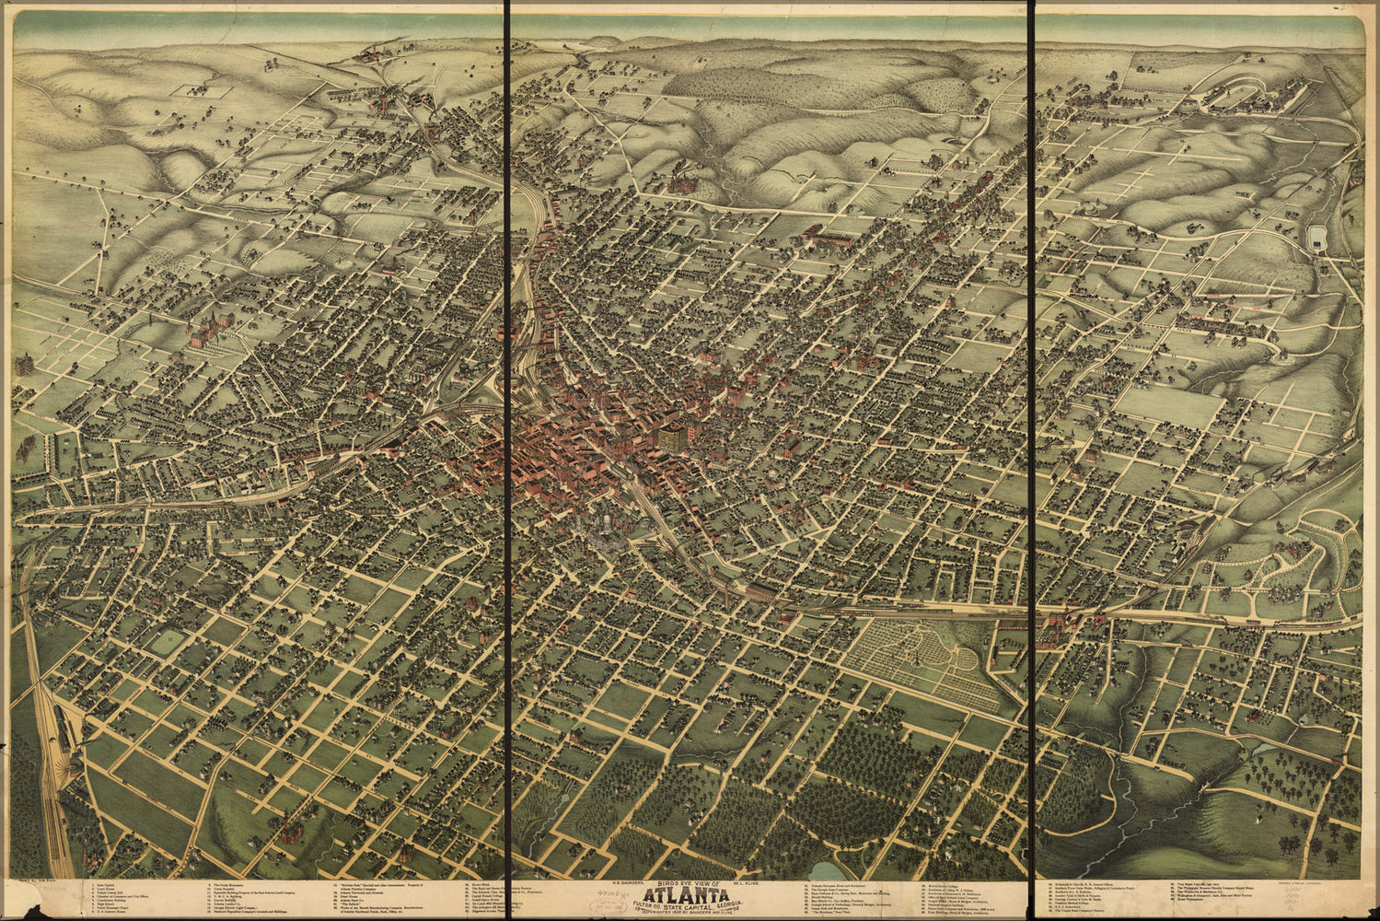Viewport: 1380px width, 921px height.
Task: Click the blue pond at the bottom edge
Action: tap(828, 871)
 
